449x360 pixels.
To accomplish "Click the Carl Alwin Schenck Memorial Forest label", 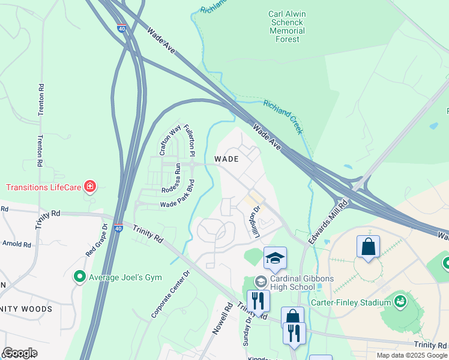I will coord(285,26).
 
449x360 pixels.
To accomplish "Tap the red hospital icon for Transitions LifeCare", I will coord(90,187).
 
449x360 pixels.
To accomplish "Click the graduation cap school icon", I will coord(275,257).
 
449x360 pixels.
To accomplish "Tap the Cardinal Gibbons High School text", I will coord(292,282).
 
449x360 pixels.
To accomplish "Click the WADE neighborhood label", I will coord(226,159).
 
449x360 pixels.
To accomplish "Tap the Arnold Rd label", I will coord(17,244).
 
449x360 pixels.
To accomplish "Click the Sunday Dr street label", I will coord(246,331).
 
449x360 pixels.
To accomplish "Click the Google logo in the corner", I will coord(20,352).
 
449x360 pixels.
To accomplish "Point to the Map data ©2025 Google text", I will coord(411,355).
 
